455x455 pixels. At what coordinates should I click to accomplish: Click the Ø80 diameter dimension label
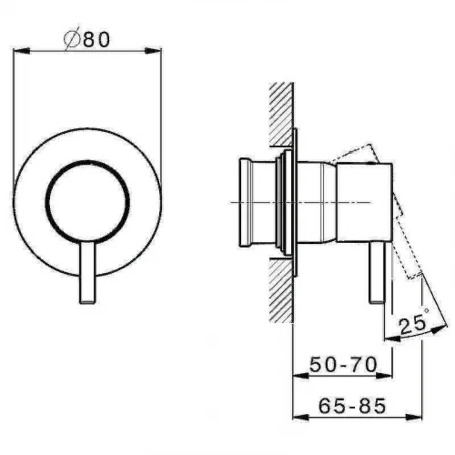coord(87,39)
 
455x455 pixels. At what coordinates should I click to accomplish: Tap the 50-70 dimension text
coord(343,364)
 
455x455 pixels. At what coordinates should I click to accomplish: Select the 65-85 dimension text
coord(352,405)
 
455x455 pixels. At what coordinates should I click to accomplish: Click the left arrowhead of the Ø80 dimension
coord(21,51)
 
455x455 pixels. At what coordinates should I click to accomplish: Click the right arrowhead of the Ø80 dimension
coord(153,51)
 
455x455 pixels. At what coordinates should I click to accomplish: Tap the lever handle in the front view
coord(87,272)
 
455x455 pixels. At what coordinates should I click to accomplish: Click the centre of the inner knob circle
coord(87,202)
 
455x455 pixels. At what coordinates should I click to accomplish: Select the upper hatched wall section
coord(281,115)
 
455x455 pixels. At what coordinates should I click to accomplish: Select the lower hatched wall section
coord(281,290)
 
